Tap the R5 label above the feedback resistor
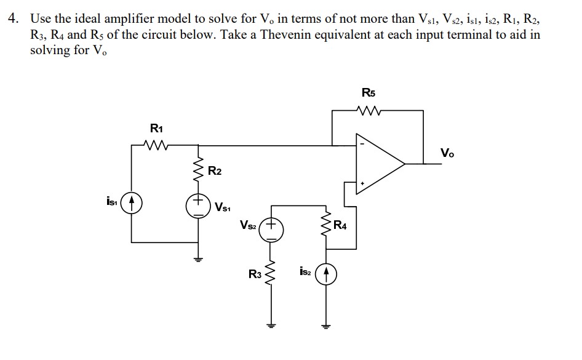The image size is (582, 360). coord(369,94)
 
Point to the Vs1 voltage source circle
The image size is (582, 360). coord(199,206)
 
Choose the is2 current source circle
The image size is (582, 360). coord(325,273)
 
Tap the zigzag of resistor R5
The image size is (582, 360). coord(369,111)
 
